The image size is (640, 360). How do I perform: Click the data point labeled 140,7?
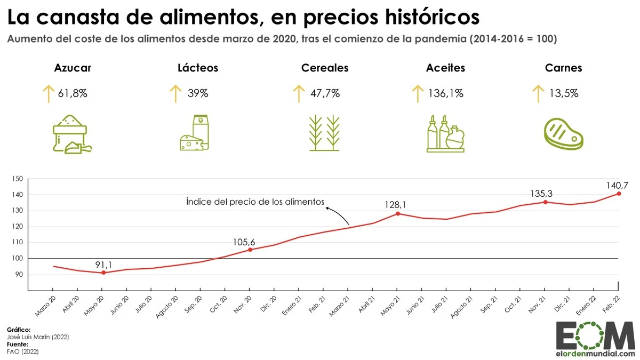tap(619, 193)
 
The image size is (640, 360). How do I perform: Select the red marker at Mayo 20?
tap(103, 273)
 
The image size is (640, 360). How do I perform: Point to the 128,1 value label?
tap(398, 204)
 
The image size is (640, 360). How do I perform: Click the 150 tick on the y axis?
tap(18, 179)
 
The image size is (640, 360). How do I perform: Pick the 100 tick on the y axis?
tap(18, 259)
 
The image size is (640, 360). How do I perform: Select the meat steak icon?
tap(563, 134)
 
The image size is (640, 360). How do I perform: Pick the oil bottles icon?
tap(445, 134)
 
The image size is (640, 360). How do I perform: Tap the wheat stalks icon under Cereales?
tap(324, 134)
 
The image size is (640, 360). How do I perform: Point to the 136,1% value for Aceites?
tap(446, 93)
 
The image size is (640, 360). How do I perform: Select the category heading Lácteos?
tap(198, 68)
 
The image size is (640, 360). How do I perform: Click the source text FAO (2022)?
tap(23, 351)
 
